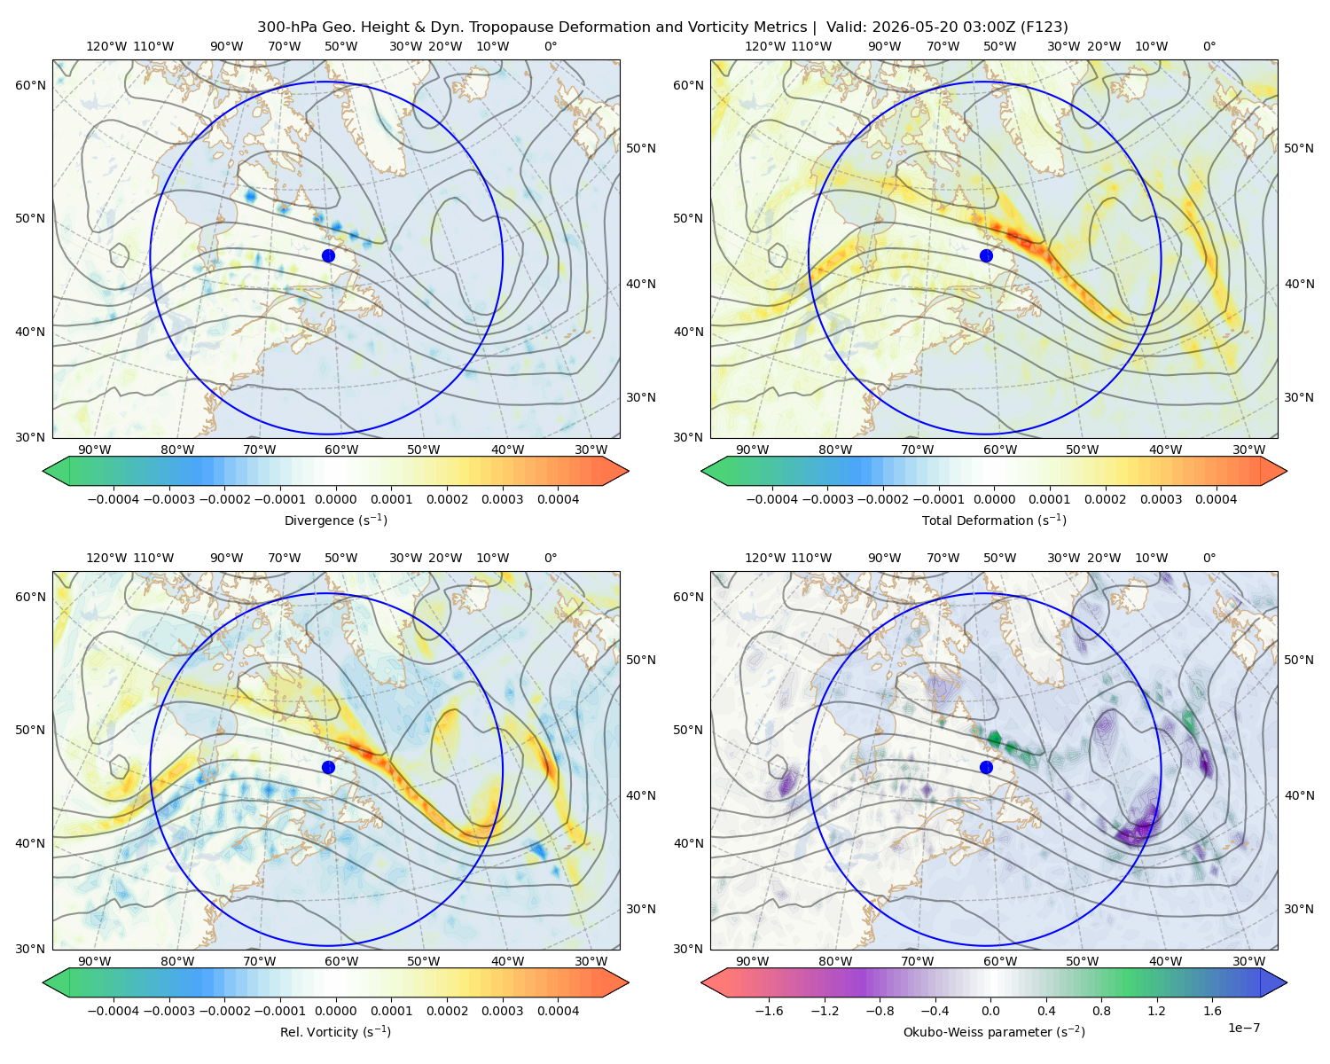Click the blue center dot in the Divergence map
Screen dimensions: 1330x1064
tap(328, 255)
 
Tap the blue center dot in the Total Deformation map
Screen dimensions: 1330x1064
tap(986, 255)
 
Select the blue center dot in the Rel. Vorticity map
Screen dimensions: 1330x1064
tap(328, 767)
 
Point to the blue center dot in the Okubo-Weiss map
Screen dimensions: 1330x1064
tap(986, 767)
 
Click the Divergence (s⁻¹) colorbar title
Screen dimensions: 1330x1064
tap(335, 520)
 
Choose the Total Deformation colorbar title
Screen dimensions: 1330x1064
tap(994, 520)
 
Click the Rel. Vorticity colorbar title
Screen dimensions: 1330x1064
tap(335, 1032)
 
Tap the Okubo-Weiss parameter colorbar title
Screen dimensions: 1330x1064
tap(994, 1032)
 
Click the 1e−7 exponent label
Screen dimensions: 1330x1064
tap(1243, 1028)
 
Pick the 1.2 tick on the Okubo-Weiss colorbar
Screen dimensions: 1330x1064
tap(1156, 1011)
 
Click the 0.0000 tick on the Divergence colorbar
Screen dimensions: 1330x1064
tap(335, 499)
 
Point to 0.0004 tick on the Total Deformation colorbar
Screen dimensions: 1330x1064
tap(1216, 499)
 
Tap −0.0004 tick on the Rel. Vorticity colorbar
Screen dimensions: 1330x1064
tap(113, 1011)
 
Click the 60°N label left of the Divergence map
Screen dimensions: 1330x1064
tap(30, 85)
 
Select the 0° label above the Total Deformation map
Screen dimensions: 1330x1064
tap(1209, 46)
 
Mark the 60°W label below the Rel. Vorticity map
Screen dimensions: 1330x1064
tap(341, 961)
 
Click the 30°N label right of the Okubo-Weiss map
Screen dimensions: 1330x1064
tap(1298, 909)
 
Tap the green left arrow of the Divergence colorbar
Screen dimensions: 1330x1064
tap(56, 471)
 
